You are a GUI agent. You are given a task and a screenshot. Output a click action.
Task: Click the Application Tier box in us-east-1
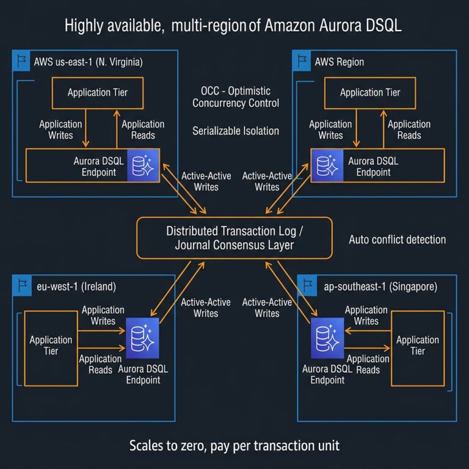pos(97,93)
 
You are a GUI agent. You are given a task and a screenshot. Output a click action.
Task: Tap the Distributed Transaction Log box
pos(234,238)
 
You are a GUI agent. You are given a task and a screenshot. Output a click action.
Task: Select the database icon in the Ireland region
pos(142,338)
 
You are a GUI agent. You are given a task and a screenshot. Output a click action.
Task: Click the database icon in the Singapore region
pos(326,338)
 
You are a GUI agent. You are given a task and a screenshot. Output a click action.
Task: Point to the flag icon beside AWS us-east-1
pos(21,61)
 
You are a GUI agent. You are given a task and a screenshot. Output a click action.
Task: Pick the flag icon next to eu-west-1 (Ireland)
pos(21,285)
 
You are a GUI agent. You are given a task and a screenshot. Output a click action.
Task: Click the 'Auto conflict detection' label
pos(397,239)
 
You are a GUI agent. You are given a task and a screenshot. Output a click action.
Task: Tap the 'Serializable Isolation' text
pos(236,131)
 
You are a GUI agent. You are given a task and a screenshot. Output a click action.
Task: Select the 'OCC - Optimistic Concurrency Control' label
pos(236,96)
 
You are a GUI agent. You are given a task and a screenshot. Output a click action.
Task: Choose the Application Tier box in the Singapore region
pos(417,346)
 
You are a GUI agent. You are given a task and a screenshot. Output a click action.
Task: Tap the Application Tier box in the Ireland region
pos(51,346)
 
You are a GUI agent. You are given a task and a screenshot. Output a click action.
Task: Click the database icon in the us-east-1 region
pos(143,164)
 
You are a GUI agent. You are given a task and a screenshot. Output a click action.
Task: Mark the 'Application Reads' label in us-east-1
pos(143,129)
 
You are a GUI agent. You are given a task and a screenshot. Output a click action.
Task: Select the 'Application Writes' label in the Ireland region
pos(103,315)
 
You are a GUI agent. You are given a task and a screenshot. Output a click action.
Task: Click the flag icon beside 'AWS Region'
pos(301,61)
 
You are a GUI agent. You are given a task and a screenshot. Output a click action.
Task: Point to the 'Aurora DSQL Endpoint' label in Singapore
pos(323,374)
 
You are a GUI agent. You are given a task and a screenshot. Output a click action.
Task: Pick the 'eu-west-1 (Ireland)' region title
pos(76,286)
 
